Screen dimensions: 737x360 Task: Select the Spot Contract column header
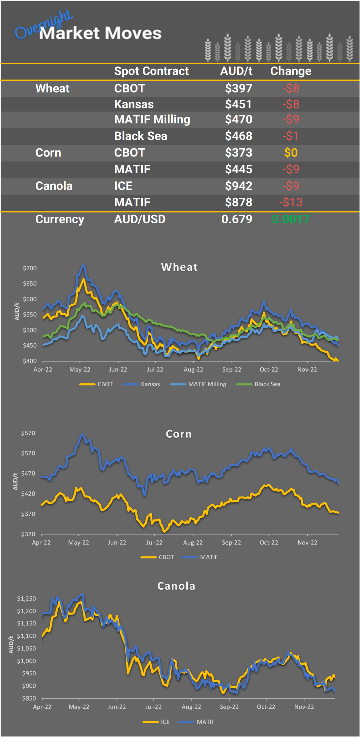click(151, 71)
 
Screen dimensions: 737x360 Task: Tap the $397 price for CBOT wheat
click(238, 88)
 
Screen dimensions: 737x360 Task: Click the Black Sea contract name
click(141, 136)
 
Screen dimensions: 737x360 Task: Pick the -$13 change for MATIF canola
click(291, 202)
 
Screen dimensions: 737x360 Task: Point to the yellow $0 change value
click(291, 152)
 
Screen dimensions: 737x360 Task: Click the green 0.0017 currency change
click(291, 219)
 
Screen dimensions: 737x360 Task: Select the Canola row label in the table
click(54, 186)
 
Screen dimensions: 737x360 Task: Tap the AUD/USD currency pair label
click(140, 219)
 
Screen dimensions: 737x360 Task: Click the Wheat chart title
click(179, 267)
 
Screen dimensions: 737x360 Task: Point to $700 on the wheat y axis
click(30, 268)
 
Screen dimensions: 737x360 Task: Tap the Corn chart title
click(179, 434)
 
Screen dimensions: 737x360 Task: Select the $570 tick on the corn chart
click(28, 433)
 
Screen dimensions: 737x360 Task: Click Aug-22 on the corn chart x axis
click(193, 543)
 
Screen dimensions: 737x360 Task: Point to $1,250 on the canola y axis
click(26, 598)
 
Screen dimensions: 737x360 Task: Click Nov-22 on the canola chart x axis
click(304, 707)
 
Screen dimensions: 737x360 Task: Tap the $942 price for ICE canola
click(238, 186)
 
